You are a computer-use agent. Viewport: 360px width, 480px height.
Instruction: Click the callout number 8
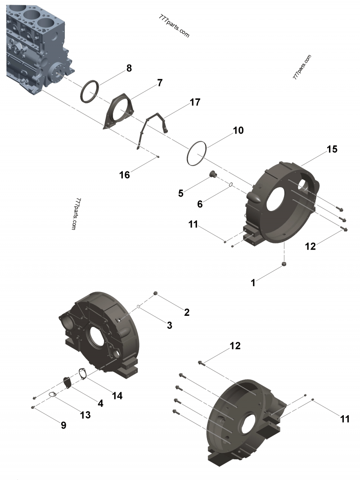coord(129,68)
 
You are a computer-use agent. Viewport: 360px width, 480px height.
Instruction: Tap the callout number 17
coord(194,103)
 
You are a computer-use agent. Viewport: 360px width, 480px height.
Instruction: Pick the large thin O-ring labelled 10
coord(196,154)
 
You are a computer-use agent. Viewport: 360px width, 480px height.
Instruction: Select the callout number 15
coord(332,149)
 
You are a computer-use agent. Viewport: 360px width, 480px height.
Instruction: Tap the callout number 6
coord(200,204)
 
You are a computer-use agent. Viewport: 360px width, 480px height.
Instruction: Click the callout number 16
coord(124,175)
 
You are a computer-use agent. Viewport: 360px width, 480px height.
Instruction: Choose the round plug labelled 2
coord(156,293)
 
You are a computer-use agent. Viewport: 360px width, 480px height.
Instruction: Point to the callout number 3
coord(169,325)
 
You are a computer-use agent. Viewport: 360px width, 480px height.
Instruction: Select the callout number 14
coord(117,396)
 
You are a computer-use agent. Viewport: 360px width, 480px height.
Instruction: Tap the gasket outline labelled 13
coord(53,395)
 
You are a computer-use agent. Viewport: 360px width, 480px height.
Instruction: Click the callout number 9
coord(63,425)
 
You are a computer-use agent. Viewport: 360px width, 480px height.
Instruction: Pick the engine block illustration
coord(36,45)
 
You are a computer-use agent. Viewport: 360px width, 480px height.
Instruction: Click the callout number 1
coord(253,283)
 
